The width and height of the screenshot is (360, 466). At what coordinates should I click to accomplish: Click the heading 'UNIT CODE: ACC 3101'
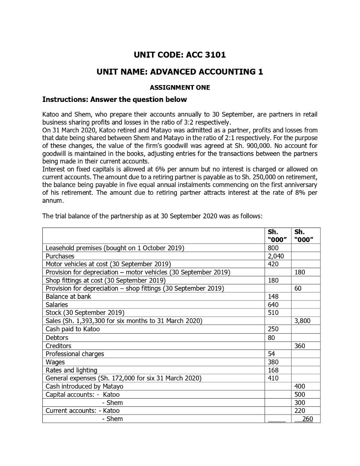click(180, 55)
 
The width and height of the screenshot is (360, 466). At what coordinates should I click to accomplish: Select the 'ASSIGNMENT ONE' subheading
click(180, 87)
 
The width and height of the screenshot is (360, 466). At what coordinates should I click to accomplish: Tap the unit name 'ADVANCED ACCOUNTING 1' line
click(180, 71)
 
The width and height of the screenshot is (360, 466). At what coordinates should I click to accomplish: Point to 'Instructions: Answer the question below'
click(114, 99)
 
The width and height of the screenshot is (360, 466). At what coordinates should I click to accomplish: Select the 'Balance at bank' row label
click(68, 297)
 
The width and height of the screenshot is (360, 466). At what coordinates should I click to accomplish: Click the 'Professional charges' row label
click(75, 354)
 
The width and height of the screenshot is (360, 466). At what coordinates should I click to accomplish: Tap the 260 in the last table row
click(307, 419)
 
